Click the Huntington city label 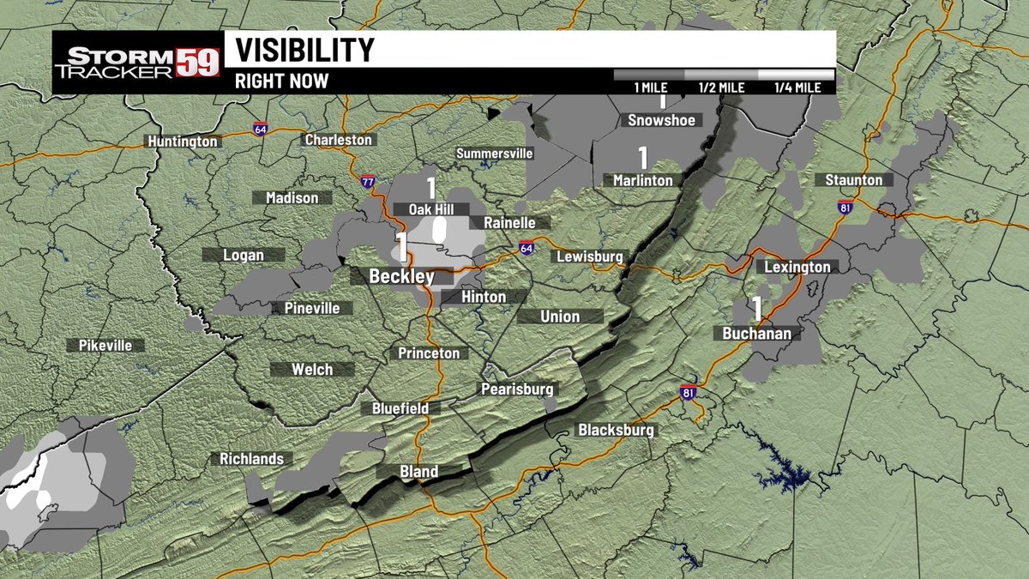click(183, 142)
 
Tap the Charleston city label click(339, 140)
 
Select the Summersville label click(495, 154)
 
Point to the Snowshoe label click(661, 120)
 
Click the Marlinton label click(642, 180)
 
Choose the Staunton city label click(853, 180)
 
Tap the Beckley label click(401, 277)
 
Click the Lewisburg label click(589, 256)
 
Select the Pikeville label click(105, 346)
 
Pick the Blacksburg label click(616, 430)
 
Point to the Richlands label click(251, 459)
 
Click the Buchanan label click(756, 334)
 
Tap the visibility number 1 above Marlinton click(642, 158)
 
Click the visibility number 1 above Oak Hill click(431, 188)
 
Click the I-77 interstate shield click(368, 182)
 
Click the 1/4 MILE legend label click(797, 87)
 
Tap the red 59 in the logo click(198, 63)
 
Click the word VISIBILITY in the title click(305, 50)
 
